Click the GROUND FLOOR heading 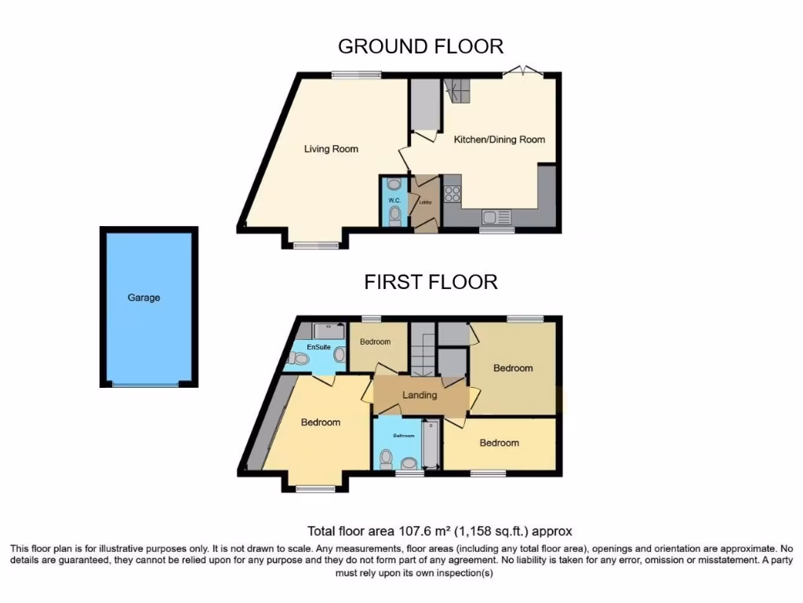420,46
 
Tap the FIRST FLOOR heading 431,282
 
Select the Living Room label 331,149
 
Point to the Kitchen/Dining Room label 500,140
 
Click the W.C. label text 394,199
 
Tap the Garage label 144,298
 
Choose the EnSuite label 318,346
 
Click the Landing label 420,395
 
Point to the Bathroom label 404,435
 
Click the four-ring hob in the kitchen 452,193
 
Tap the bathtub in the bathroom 431,446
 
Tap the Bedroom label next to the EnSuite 375,342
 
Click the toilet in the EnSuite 298,359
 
